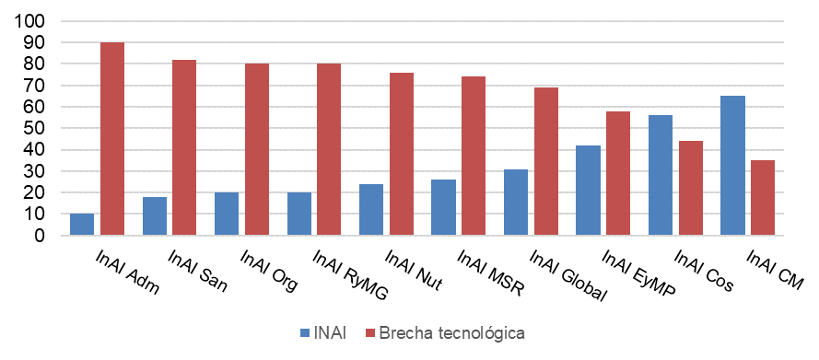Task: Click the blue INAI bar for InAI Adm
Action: pos(82,225)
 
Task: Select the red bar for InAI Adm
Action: pos(111,139)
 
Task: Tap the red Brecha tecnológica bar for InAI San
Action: pos(184,147)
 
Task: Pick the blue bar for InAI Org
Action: pos(227,214)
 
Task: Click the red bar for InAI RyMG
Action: pos(329,149)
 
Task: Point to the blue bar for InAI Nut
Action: pos(371,210)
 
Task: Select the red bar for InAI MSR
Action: pos(474,156)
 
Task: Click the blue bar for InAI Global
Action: pos(516,203)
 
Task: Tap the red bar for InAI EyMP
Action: pos(618,173)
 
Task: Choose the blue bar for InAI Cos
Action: pos(661,175)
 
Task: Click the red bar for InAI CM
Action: pos(763,198)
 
